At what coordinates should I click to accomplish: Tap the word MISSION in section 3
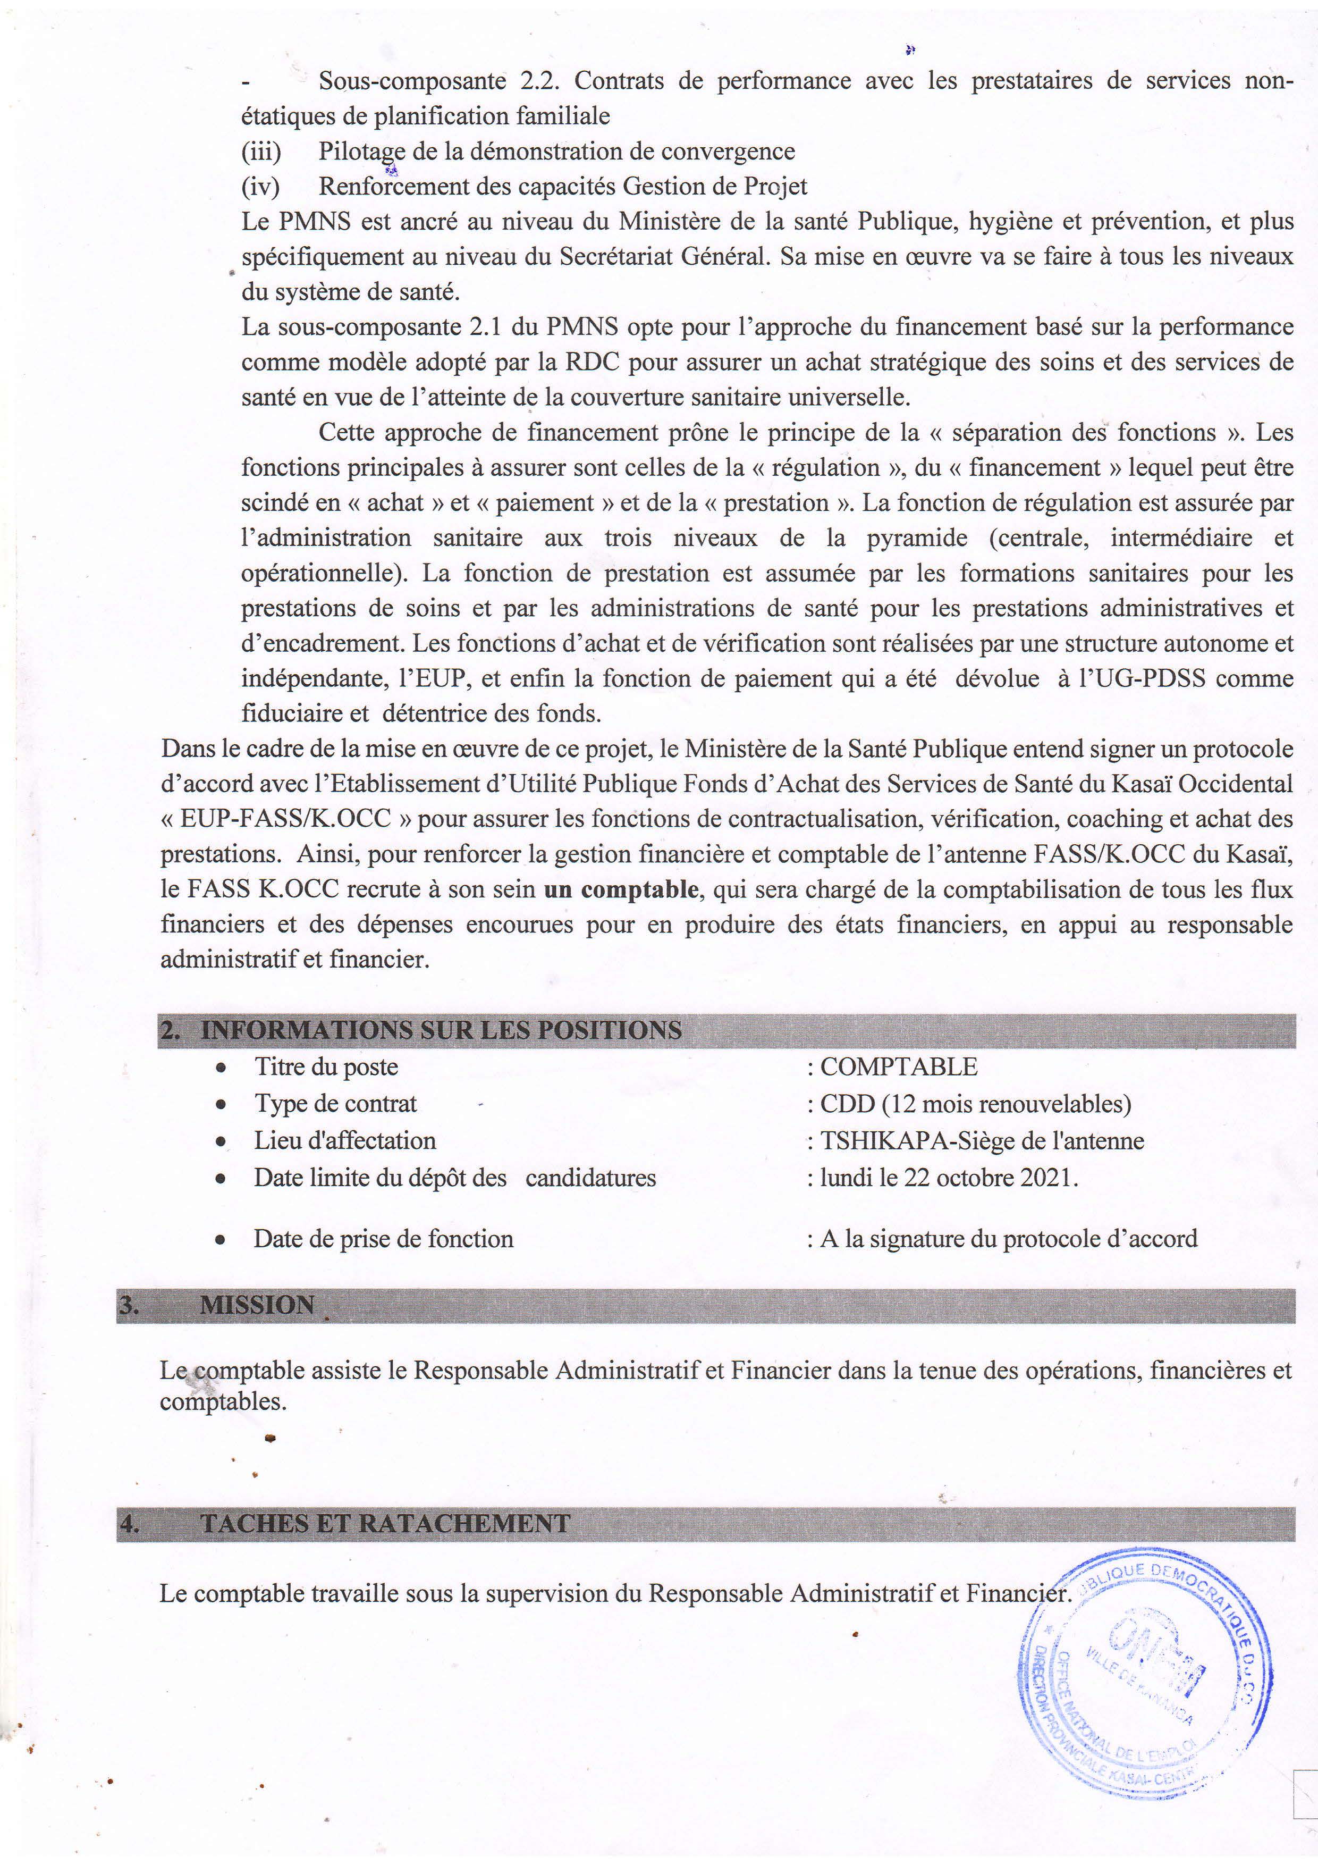[x=257, y=1305]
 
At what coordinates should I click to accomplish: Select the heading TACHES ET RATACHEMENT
[x=385, y=1523]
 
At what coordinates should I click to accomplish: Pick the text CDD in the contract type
[x=847, y=1104]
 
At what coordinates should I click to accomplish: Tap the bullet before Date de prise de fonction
[x=220, y=1240]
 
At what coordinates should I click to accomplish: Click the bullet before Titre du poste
[x=220, y=1068]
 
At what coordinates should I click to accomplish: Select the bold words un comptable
[x=620, y=889]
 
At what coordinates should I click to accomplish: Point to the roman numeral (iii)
[x=260, y=151]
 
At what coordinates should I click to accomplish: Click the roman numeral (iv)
[x=260, y=186]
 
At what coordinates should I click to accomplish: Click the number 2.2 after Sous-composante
[x=545, y=81]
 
